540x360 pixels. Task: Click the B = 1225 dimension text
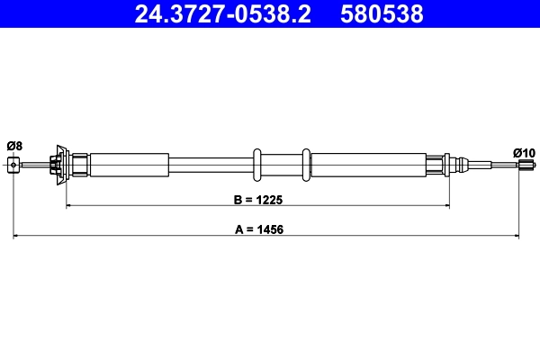coord(256,198)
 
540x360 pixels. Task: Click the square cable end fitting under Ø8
coord(13,164)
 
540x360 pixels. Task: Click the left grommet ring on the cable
coord(257,164)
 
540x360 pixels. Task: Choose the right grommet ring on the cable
coord(307,164)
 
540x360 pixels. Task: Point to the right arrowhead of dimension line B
coord(446,207)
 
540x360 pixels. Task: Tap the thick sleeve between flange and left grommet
coord(129,164)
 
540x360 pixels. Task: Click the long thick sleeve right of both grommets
coord(378,164)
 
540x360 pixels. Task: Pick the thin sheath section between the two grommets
coord(283,164)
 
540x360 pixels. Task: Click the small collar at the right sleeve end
coord(447,164)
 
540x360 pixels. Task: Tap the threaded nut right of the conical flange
coord(79,164)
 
